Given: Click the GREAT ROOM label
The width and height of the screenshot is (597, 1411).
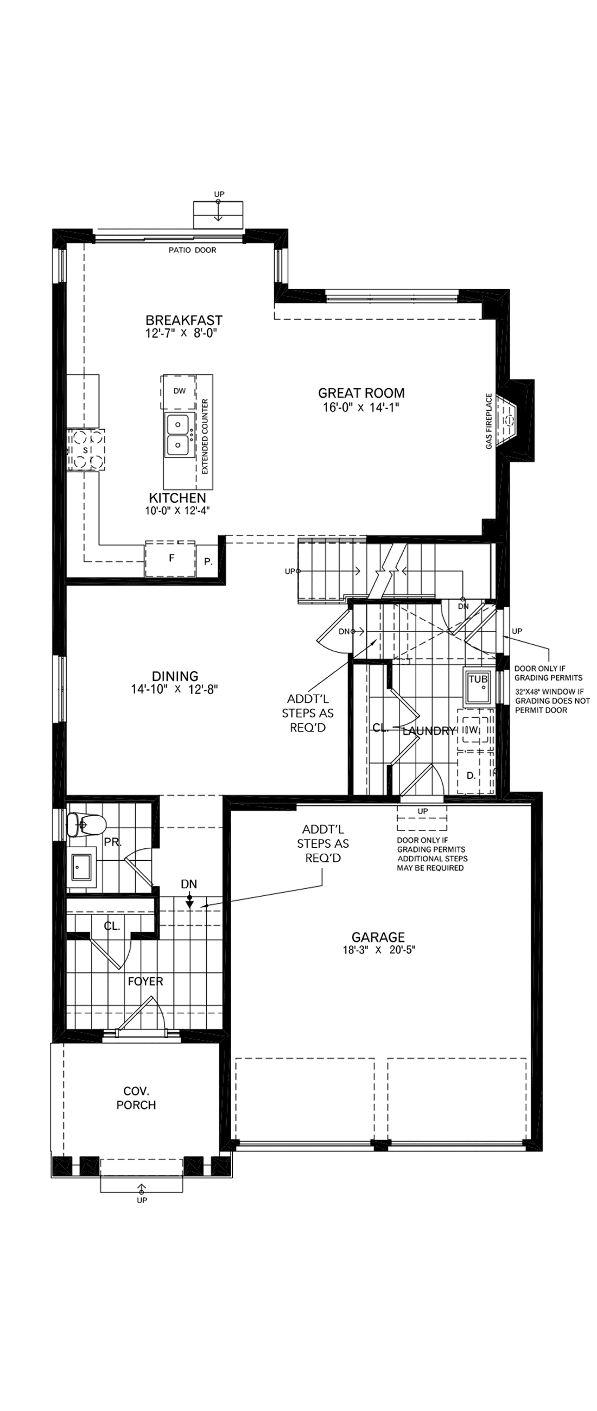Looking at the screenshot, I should (361, 393).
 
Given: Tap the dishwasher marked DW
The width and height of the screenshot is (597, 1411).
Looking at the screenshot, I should (179, 391).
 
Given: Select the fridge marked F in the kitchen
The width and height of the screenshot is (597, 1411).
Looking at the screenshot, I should (171, 558).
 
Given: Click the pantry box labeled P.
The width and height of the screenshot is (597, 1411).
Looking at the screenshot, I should (208, 561).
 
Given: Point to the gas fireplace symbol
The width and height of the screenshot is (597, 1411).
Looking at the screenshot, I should (509, 421).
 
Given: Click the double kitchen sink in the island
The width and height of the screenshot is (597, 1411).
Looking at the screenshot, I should (177, 434).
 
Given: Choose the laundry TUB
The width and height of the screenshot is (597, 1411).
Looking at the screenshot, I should (478, 685).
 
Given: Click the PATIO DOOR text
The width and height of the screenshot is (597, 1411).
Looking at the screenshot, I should (192, 250).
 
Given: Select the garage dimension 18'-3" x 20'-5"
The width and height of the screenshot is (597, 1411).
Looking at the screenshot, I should (378, 950).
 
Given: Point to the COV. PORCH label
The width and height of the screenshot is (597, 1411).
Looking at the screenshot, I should (136, 1098).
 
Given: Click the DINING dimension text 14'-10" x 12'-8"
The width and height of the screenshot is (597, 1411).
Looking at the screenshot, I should (174, 689).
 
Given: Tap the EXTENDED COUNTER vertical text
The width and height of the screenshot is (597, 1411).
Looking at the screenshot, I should (205, 436).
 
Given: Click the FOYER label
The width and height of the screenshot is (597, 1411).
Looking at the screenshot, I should (145, 981).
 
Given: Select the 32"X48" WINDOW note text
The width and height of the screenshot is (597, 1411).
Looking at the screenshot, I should (552, 701).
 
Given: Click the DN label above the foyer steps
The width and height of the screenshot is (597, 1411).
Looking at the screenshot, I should (189, 884).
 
